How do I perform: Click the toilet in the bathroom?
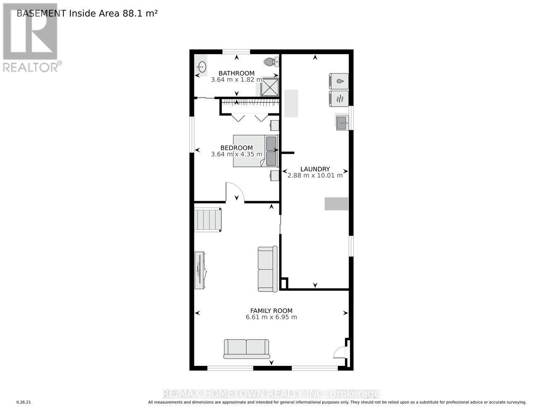click(x=271, y=62)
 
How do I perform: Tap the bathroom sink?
click(x=201, y=67)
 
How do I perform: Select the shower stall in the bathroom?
click(x=270, y=87)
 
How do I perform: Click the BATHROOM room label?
click(x=236, y=73)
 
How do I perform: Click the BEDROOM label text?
click(x=237, y=148)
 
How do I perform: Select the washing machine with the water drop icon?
click(x=339, y=80)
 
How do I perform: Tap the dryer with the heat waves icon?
click(x=339, y=98)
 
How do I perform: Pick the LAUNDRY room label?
click(x=315, y=169)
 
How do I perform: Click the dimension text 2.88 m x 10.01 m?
click(x=315, y=176)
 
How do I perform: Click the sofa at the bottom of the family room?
click(x=247, y=349)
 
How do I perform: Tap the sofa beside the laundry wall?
click(x=267, y=269)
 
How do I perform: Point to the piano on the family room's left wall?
click(x=200, y=270)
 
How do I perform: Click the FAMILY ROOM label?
click(x=271, y=311)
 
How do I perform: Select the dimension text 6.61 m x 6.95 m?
click(x=271, y=317)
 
